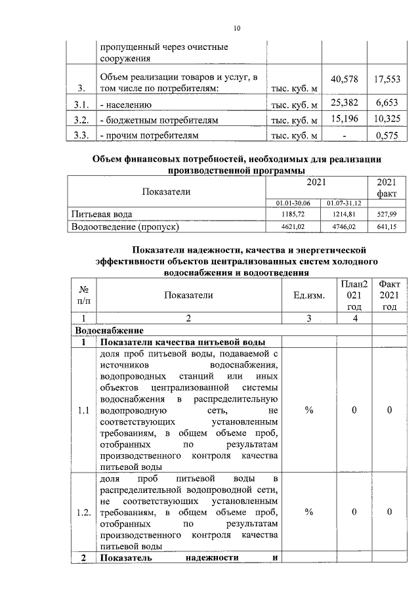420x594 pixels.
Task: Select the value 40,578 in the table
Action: point(345,79)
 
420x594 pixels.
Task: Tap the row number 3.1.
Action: point(81,105)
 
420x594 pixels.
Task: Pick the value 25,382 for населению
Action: point(345,104)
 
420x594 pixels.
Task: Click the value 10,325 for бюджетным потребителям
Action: point(387,120)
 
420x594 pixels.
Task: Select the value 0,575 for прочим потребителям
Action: point(387,136)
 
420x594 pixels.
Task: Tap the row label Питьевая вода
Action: point(101,215)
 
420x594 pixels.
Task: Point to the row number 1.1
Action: point(83,411)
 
